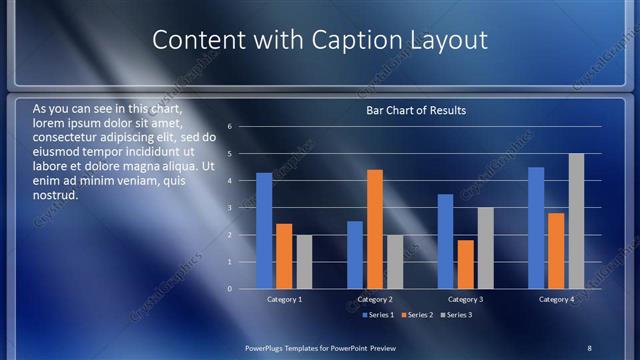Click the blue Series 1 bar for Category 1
coord(264,231)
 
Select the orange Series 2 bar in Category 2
coord(375,229)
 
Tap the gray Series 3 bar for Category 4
coord(576,221)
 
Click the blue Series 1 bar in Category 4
coord(536,228)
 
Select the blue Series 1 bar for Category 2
coord(355,255)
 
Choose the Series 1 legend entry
coord(377,315)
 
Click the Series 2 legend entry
coord(418,315)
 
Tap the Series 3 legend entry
coord(458,315)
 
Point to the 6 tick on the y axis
coord(230,127)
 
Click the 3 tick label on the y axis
coord(230,208)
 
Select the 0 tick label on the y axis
coord(230,289)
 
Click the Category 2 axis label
coord(375,299)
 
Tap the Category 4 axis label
coord(556,299)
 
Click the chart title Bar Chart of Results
coord(415,110)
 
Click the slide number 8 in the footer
coord(590,347)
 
